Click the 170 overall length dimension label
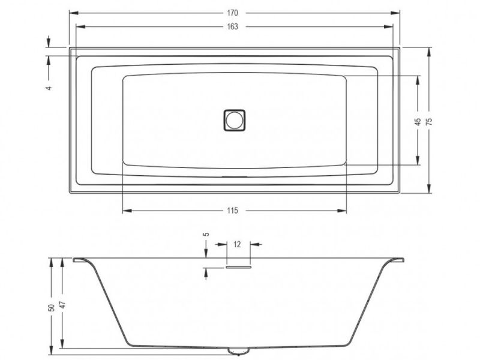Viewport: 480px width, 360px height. point(232,13)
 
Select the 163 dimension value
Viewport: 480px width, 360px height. point(232,26)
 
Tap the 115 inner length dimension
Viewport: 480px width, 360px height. point(232,211)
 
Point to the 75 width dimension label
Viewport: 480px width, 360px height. point(429,121)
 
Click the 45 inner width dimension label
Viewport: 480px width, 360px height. point(418,122)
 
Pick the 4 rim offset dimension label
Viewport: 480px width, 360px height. point(49,88)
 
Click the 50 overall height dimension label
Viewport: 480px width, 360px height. point(52,308)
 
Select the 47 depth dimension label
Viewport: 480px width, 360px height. point(62,305)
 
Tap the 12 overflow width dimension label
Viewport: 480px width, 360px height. point(237,244)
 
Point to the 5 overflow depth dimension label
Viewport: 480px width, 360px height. point(206,234)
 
